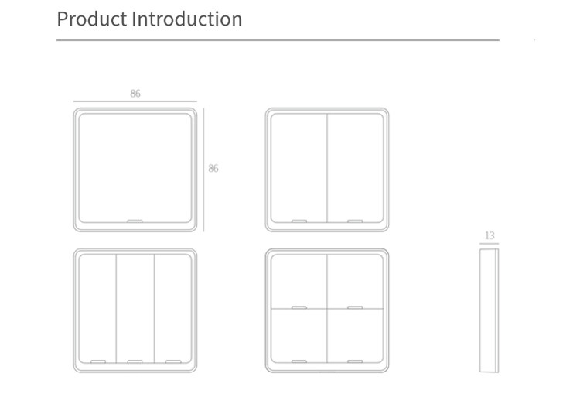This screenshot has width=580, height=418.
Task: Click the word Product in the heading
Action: tap(92, 19)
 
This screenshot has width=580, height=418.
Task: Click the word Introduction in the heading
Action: tap(187, 19)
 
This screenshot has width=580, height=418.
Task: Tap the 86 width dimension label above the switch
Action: tap(135, 94)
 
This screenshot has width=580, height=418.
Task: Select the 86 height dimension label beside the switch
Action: tap(213, 169)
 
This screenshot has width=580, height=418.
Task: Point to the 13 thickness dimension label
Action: tap(490, 235)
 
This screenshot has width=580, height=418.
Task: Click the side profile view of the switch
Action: tap(489, 310)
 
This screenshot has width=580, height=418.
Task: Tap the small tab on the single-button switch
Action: tap(135, 221)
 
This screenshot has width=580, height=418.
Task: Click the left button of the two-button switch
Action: tap(299, 168)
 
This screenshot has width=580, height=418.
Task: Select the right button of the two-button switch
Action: tap(356, 168)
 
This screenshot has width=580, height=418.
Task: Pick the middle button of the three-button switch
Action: tap(135, 308)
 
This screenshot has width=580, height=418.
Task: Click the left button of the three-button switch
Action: tap(97, 308)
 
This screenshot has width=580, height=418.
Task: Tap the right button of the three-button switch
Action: tap(173, 308)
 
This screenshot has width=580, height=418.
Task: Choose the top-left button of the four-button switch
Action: tap(299, 282)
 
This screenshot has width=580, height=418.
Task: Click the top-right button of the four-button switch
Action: tap(356, 282)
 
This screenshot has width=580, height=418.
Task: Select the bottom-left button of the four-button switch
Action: tap(299, 336)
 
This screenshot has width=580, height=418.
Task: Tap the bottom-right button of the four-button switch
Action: tap(356, 336)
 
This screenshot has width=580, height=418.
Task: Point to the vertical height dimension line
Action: tap(203, 170)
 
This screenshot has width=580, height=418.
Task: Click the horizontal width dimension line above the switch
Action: tap(135, 101)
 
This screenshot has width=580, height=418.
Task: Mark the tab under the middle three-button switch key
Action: tap(135, 361)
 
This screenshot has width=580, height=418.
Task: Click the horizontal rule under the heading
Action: tap(278, 40)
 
